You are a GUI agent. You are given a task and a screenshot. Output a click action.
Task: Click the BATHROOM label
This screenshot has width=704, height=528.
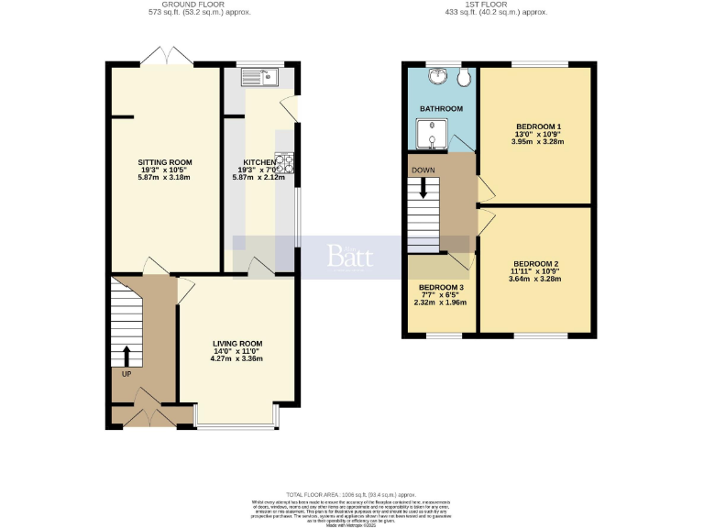click(x=441, y=109)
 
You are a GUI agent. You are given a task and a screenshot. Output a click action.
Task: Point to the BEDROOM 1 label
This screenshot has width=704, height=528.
click(x=538, y=126)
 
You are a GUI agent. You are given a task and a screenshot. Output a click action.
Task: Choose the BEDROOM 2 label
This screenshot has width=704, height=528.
click(x=536, y=264)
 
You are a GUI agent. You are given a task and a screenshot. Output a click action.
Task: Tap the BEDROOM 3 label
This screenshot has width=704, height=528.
click(x=441, y=287)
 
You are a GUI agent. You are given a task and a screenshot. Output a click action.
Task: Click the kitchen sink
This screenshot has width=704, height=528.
click(x=259, y=77)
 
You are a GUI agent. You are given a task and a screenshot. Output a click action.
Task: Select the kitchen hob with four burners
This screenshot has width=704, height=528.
click(x=283, y=163)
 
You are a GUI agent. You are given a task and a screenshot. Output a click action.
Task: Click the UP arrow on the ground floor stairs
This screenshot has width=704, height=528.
click(x=126, y=356)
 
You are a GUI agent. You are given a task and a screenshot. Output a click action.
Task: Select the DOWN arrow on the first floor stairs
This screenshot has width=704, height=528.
click(x=423, y=187)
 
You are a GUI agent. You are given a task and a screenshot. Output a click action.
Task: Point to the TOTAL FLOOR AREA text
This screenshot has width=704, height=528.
click(x=351, y=493)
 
